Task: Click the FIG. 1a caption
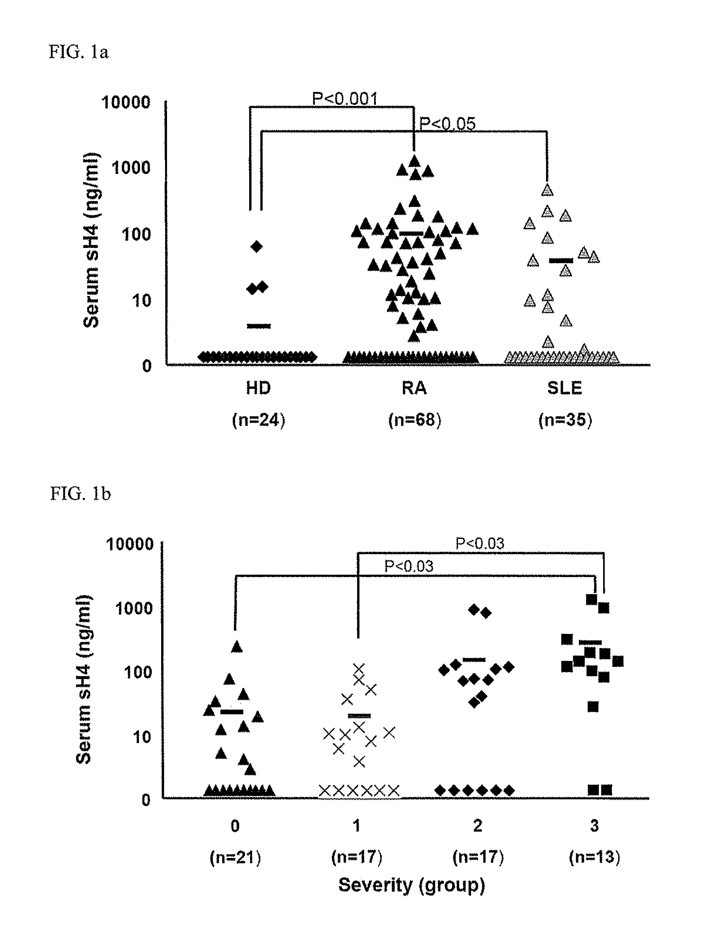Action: (79, 52)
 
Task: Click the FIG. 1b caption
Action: (80, 494)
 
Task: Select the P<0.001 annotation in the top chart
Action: (345, 99)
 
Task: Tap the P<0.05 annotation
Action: (447, 124)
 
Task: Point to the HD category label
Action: (258, 388)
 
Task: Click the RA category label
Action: (414, 388)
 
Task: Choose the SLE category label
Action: (565, 388)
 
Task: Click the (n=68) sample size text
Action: (415, 420)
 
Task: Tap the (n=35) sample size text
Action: (565, 420)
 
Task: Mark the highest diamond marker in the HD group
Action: (257, 246)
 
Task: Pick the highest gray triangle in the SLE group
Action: (547, 190)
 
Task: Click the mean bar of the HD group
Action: (259, 326)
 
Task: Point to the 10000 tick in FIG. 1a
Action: (126, 102)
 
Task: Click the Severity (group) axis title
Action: (411, 885)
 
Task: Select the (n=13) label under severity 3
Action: (594, 857)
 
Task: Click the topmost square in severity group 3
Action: (591, 599)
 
